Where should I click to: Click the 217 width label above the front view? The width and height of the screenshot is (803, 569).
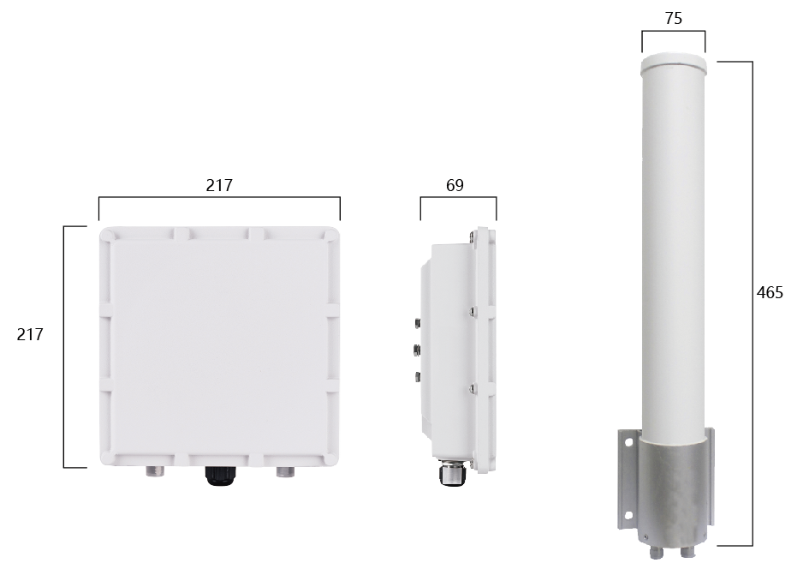tap(219, 185)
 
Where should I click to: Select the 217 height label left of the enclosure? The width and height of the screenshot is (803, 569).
tap(30, 334)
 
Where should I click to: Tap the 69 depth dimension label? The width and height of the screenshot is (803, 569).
tap(455, 185)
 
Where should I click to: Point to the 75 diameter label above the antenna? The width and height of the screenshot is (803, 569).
tap(674, 19)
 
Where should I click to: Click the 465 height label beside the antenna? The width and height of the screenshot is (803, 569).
tap(770, 293)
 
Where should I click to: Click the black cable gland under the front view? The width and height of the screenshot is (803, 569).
tap(218, 476)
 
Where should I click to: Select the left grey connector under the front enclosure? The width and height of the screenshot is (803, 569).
tap(155, 471)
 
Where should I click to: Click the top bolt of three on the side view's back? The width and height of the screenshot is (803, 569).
tap(417, 323)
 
